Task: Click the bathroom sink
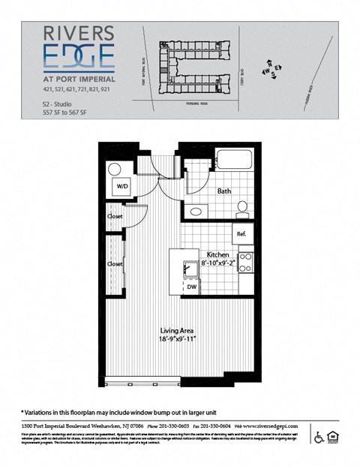196,212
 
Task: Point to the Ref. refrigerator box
241,234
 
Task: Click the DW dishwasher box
191,286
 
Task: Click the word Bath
224,191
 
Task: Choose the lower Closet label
115,264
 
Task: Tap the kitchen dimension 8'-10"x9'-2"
219,264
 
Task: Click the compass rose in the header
271,69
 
